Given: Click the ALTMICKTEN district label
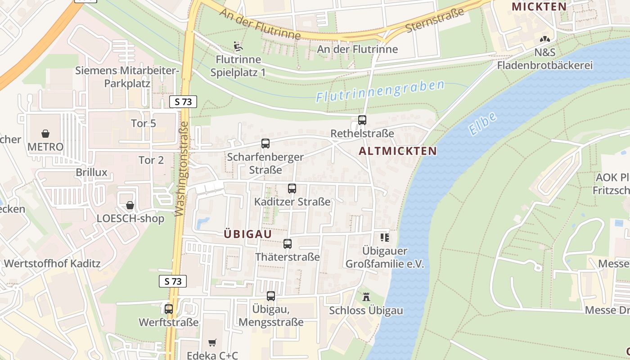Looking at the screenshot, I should point(398,151).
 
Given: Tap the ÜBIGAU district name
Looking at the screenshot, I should point(248,234).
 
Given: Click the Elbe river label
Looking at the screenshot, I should point(482,123).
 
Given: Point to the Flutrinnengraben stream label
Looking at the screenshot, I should point(380,90).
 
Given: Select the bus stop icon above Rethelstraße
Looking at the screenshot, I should point(362,120).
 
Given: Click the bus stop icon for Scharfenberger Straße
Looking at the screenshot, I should point(265,144).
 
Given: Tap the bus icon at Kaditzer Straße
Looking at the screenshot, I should point(292,189).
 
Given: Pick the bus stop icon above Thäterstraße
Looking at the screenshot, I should point(288,244).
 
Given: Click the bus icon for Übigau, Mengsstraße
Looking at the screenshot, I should point(271,296).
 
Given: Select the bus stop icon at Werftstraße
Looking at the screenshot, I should point(169,309).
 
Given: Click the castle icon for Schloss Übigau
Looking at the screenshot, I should point(366,297).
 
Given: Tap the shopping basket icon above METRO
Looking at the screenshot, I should point(45,134).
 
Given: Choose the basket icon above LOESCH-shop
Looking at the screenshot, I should point(130,205).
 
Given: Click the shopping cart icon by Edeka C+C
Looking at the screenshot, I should point(212,343).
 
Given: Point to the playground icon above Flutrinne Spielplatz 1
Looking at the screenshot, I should point(238,46).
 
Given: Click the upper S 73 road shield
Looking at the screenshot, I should point(183,102).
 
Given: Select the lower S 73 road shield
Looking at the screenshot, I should point(173,281).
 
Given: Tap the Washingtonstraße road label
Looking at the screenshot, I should point(181,169).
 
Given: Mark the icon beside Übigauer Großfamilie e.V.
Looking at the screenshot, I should point(385,237).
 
